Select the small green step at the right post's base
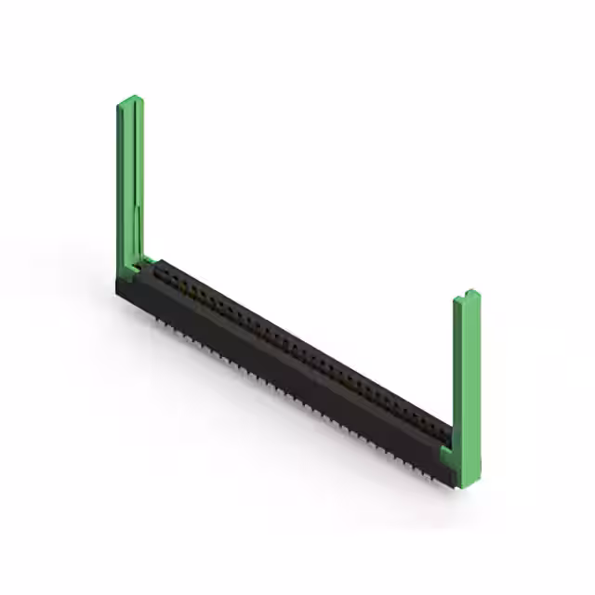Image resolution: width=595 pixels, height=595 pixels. pyautogui.click(x=445, y=456)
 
